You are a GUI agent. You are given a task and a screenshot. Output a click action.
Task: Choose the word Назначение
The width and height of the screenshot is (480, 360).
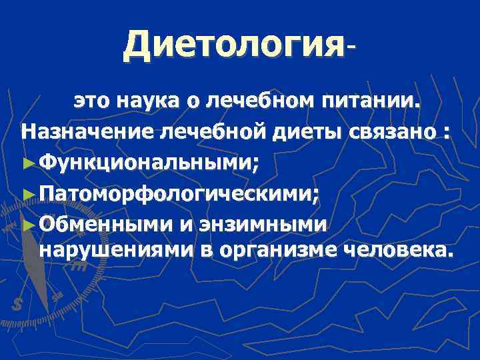tap(87, 131)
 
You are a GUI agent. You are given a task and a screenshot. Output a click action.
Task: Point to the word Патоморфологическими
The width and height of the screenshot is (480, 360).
tap(179, 194)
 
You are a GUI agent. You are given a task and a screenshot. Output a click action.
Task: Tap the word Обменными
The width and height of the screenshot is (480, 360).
tap(106, 224)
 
